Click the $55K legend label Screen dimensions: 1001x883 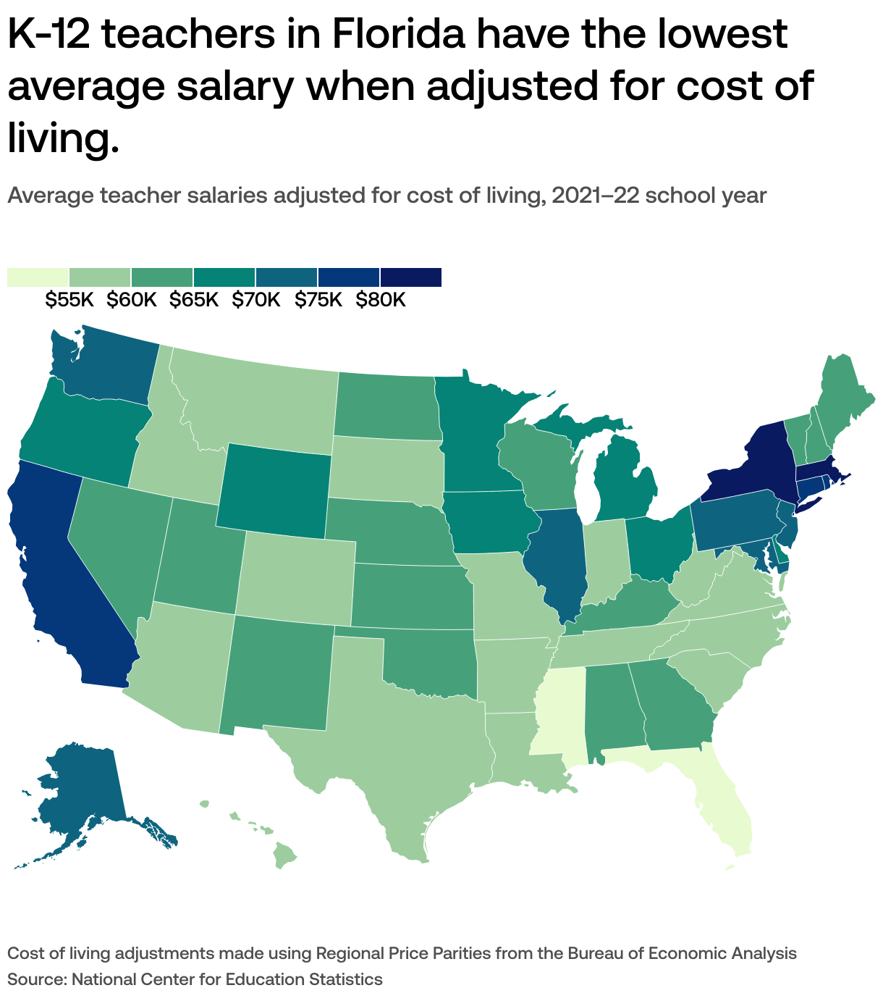69,300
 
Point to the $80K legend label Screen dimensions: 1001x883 381,300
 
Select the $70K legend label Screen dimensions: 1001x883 256,300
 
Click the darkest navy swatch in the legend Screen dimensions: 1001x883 411,277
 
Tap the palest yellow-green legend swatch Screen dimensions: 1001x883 38,277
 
